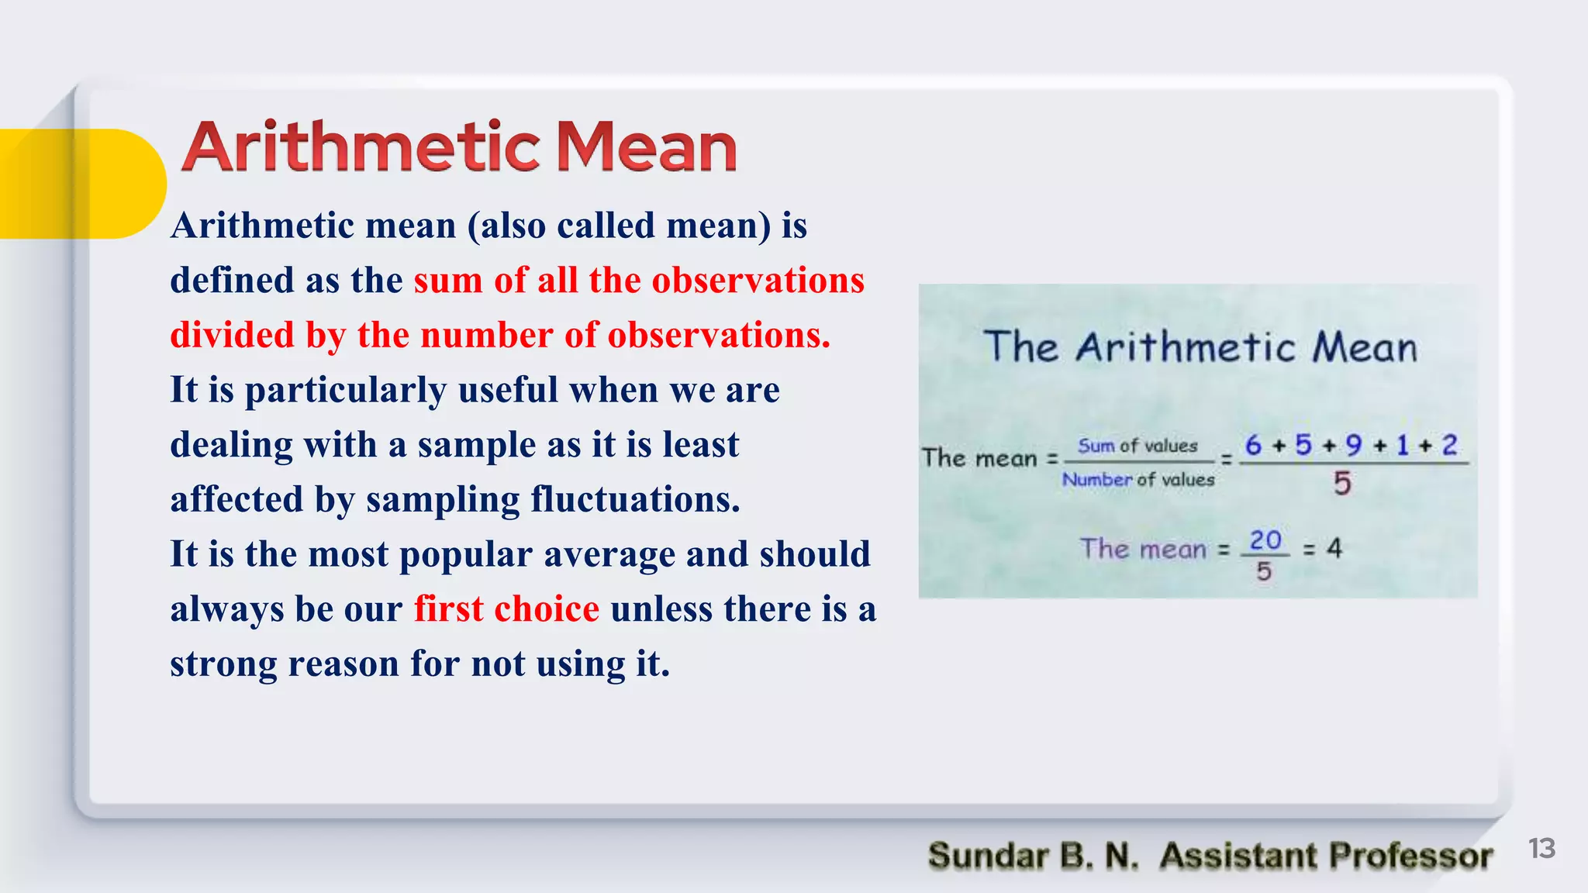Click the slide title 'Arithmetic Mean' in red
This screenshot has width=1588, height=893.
[459, 147]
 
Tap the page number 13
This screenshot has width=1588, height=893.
[1541, 848]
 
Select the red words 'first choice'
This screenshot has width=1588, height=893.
[506, 609]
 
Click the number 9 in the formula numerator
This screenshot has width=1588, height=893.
[1353, 445]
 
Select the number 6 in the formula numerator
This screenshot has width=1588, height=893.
[1253, 445]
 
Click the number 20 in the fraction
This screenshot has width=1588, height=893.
[1265, 540]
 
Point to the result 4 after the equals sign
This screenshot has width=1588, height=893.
[1334, 549]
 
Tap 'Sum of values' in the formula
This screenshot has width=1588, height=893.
[1137, 446]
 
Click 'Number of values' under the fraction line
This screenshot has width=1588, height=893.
[1137, 480]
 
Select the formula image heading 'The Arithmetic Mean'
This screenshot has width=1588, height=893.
[1200, 347]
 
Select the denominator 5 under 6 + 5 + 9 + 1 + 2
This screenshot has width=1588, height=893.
[1342, 484]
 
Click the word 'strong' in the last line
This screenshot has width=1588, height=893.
[223, 664]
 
